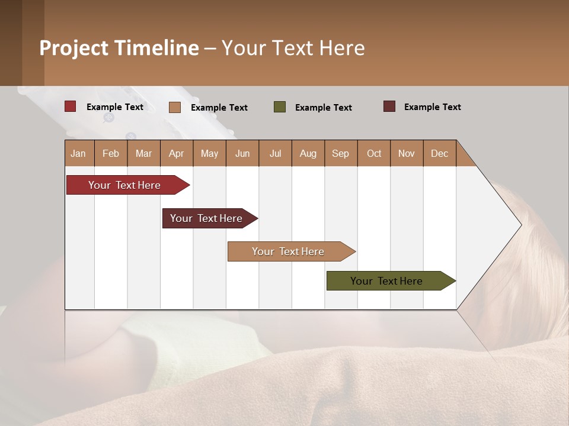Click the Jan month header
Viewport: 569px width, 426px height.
pos(79,153)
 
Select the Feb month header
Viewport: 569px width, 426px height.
pos(111,153)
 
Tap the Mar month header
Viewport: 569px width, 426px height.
pos(143,153)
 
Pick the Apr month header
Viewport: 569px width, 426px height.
pos(177,153)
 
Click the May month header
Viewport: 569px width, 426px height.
pos(209,153)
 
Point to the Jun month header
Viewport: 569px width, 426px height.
pos(242,153)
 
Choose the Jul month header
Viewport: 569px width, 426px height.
pos(275,153)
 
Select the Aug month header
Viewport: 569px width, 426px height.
pos(308,153)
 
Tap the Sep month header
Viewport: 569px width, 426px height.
pos(341,153)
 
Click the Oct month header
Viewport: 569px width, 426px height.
pos(374,153)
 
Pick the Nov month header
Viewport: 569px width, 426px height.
pos(407,153)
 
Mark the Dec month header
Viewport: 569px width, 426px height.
pos(440,153)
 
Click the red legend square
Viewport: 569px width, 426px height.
pos(71,106)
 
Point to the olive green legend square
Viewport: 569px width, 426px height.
pos(280,107)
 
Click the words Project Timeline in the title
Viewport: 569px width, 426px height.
pos(119,48)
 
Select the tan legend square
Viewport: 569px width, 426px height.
pos(175,107)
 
